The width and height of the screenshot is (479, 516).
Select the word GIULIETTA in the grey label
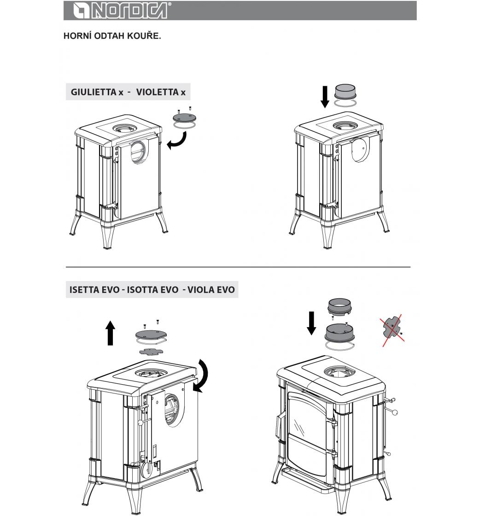pos(93,92)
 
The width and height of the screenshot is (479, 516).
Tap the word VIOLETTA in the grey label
pos(157,92)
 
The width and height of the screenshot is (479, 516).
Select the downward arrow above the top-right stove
pos(325,97)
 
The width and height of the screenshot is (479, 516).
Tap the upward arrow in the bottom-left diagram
pos(111,333)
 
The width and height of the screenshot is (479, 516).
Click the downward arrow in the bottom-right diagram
pos(311,323)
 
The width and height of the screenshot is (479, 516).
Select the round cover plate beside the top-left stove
pos(184,118)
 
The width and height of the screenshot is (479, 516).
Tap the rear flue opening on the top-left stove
pos(139,152)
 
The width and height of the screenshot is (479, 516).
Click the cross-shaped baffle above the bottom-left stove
pos(151,352)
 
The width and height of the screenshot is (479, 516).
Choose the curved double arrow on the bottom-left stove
pos(201,376)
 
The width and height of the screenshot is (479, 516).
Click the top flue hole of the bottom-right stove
pos(339,372)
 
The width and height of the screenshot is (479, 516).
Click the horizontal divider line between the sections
pos(238,267)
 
